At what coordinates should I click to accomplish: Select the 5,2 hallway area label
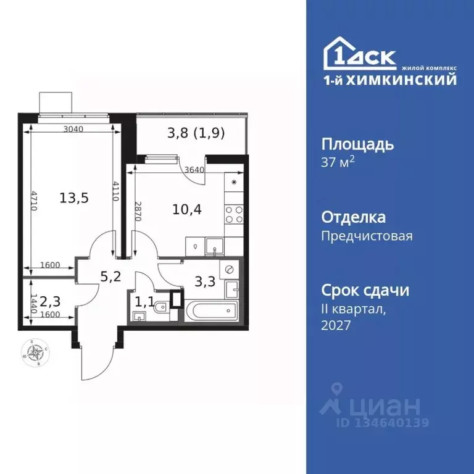(110, 276)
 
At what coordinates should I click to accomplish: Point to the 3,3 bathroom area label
(205, 281)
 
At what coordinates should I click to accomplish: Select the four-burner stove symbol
(233, 214)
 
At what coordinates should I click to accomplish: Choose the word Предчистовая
(367, 235)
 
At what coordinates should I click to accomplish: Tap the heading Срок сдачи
(365, 290)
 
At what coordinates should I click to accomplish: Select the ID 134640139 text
(383, 423)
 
